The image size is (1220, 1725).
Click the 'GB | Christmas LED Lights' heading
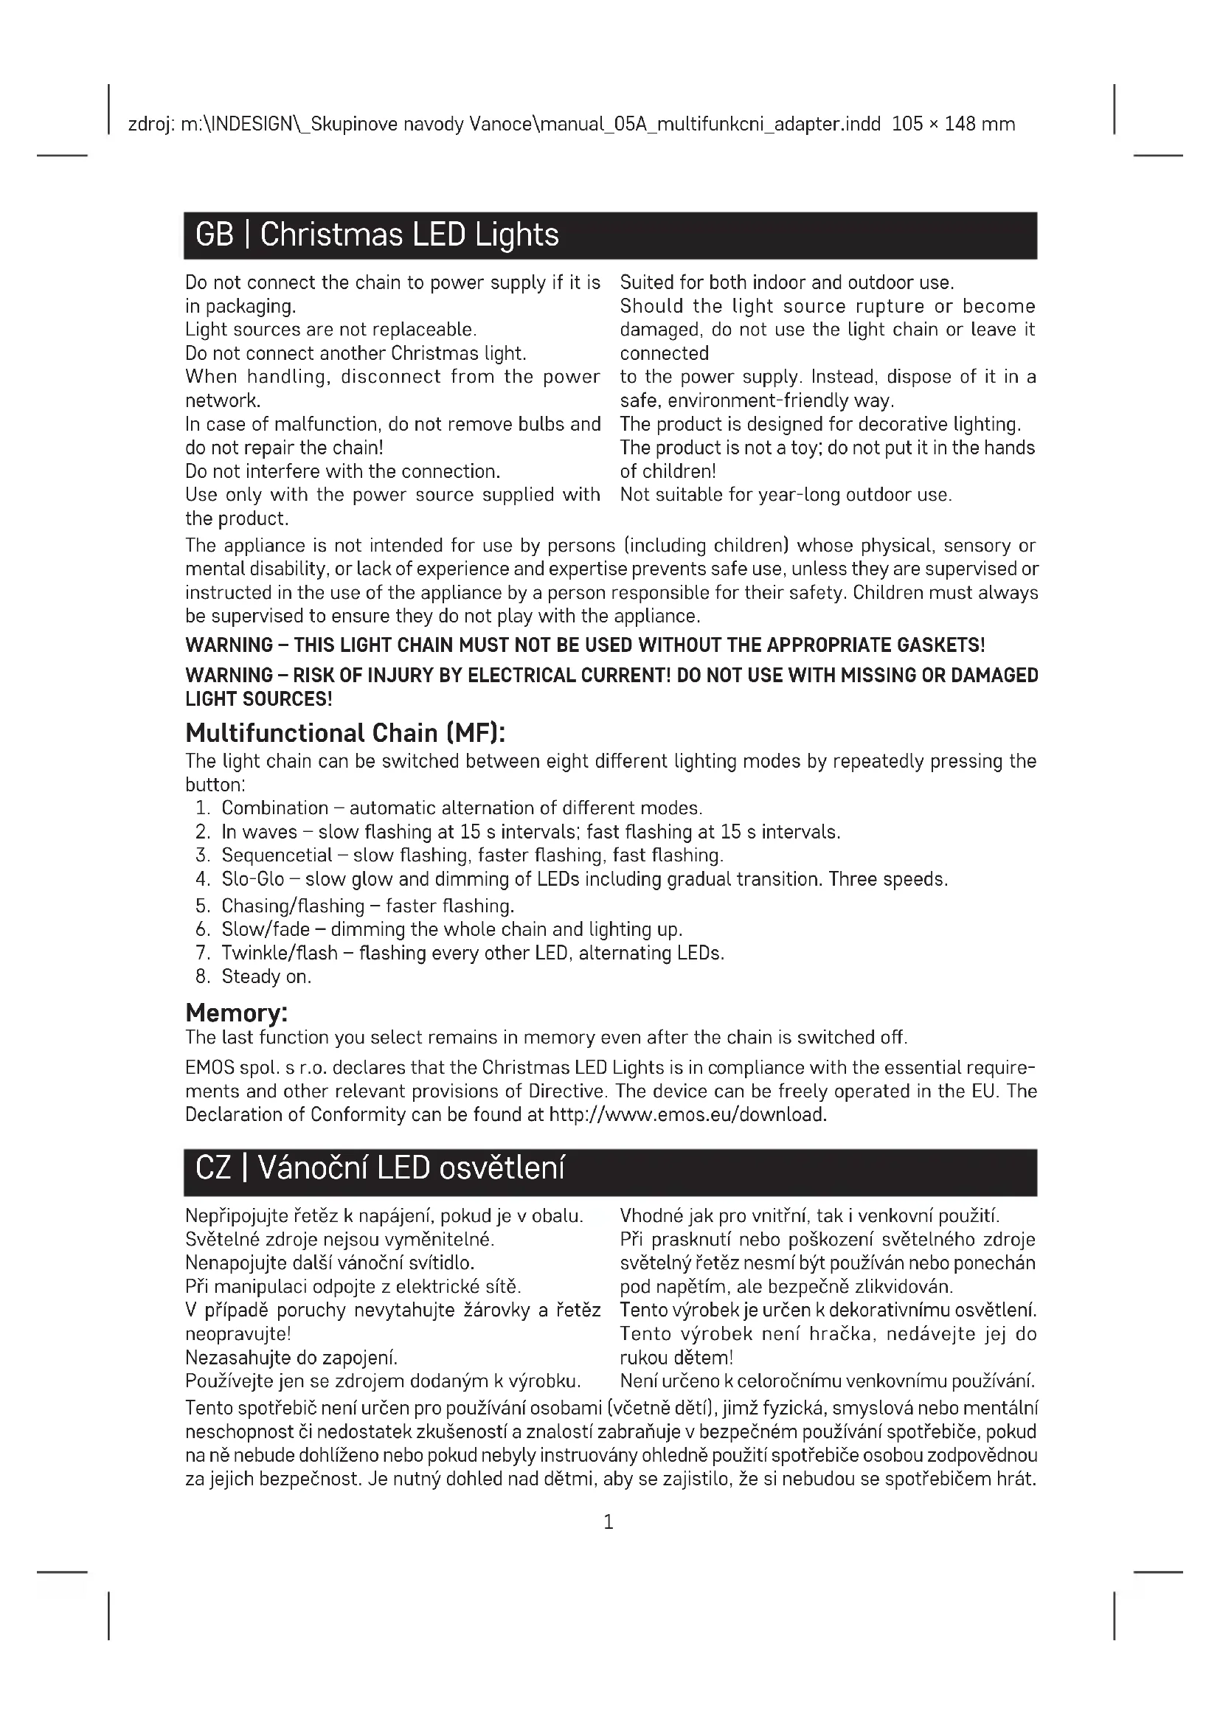tap(376, 235)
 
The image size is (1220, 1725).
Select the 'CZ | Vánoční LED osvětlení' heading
tap(379, 1168)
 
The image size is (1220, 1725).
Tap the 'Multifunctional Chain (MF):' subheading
tap(344, 732)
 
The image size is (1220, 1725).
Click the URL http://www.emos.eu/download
tap(687, 1114)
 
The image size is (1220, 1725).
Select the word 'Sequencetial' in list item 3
tap(277, 855)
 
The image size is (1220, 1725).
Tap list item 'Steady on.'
tap(266, 976)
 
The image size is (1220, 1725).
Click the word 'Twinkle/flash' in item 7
tap(280, 953)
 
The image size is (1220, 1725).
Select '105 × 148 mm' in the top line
tap(953, 124)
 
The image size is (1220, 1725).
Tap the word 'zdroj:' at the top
tap(152, 124)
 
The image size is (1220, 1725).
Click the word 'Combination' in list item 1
tap(275, 808)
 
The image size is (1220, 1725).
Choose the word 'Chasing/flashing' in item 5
tap(293, 906)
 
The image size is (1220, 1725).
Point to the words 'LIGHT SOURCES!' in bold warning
tap(258, 698)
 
